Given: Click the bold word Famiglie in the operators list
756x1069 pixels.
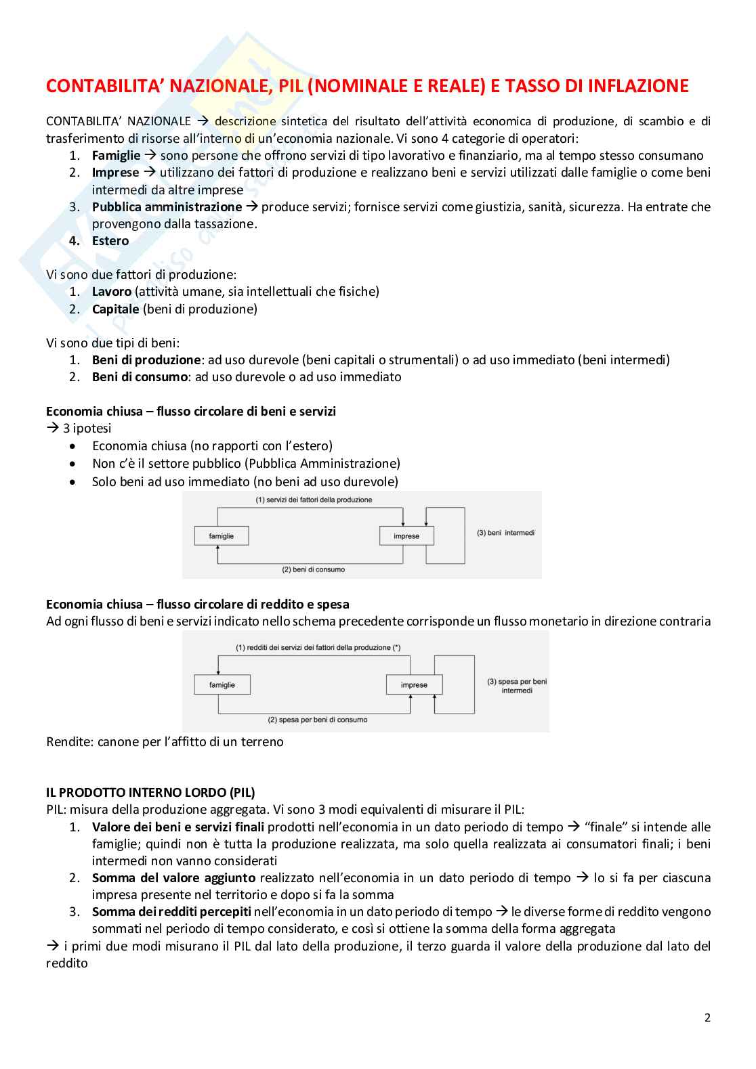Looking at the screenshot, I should point(116,156).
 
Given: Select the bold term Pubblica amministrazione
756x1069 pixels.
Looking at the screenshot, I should point(167,207).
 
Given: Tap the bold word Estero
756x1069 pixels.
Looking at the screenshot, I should point(110,241).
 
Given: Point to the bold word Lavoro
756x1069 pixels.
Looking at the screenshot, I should point(112,292).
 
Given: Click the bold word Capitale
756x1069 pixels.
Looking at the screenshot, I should point(116,309).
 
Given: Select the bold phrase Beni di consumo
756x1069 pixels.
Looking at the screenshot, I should point(140,377).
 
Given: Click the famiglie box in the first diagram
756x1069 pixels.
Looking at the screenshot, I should point(222,536).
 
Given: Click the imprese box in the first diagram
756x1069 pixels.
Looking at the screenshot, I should point(406,536).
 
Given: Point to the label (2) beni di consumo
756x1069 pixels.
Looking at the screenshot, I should point(313,569).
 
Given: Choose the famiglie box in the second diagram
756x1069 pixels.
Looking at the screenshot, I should point(222,684).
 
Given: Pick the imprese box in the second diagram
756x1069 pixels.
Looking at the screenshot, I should point(414,684).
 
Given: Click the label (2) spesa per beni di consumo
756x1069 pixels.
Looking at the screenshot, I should point(318,720).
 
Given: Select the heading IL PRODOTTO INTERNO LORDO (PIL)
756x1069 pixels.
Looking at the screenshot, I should point(150,792).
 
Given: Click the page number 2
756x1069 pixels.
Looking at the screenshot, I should point(707,1018).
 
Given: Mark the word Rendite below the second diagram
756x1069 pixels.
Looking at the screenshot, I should point(68,742).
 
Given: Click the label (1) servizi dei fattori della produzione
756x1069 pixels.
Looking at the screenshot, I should point(314,500).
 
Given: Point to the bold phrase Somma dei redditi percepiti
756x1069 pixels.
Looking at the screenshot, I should point(171,912).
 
